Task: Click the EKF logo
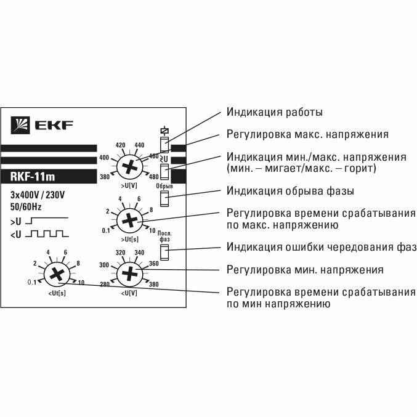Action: point(42,126)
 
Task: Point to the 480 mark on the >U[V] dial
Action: point(154,178)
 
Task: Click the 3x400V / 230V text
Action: point(38,196)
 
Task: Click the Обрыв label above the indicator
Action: point(164,186)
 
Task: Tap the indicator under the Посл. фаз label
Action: point(164,252)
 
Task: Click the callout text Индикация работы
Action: point(275,113)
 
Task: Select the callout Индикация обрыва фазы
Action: point(290,190)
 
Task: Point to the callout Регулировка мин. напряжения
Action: point(305,270)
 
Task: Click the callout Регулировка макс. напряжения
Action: point(307,134)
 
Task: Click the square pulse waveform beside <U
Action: point(45,233)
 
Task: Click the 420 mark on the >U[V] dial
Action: point(121,145)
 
